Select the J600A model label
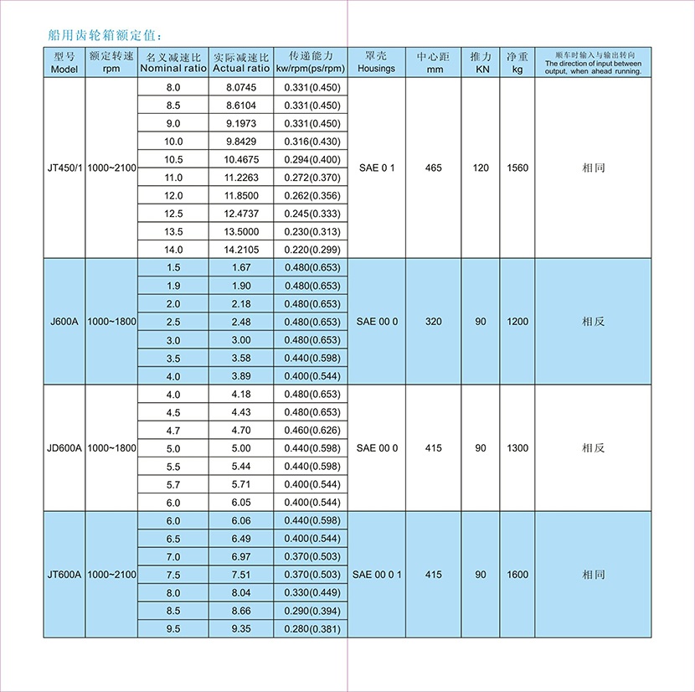[64, 322]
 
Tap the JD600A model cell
[64, 448]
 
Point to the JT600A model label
[64, 575]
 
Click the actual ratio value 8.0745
[240, 88]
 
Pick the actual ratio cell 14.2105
[240, 250]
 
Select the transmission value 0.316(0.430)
[311, 142]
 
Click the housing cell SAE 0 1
[376, 168]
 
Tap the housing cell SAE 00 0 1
[377, 575]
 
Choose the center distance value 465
[434, 168]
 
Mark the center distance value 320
[434, 322]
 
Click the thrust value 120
[481, 168]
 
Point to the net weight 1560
[517, 168]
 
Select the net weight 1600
[517, 575]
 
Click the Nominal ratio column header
[172, 63]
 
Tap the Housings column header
[376, 63]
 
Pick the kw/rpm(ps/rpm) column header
[311, 63]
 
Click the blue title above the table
[100, 36]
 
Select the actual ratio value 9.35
[240, 629]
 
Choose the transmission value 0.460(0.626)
[311, 431]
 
